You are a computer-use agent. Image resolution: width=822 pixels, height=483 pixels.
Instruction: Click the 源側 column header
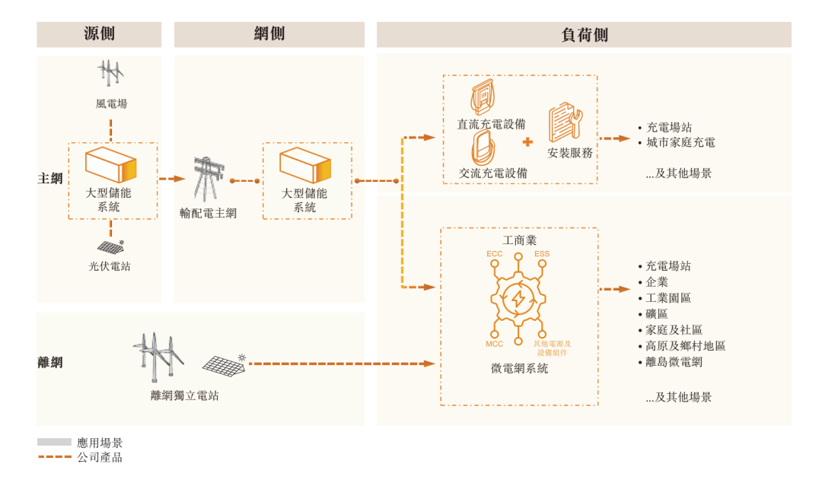coord(99,34)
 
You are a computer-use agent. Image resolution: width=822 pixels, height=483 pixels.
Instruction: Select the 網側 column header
coord(269,34)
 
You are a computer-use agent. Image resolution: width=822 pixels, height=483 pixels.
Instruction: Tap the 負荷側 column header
coord(584,34)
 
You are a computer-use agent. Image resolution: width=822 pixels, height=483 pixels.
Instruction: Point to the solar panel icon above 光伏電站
coord(111,247)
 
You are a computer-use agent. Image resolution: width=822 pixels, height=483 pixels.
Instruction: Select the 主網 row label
coord(50,179)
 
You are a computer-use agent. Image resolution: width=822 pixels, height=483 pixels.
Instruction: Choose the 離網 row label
coord(50,362)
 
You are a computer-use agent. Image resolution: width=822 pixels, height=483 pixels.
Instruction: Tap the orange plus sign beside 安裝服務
coord(527,142)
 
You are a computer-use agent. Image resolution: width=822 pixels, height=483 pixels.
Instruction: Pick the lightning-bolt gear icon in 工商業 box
coord(518,299)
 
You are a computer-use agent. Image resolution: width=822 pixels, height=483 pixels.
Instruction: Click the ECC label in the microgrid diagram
coord(495,253)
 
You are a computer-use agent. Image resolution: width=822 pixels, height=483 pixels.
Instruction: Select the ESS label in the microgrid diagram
coord(542,253)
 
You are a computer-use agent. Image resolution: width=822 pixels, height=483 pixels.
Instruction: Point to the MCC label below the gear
coord(495,345)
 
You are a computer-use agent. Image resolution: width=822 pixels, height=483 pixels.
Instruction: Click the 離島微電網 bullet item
coord(674,362)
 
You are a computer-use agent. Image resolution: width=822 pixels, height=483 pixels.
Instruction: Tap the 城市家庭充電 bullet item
coord(680,142)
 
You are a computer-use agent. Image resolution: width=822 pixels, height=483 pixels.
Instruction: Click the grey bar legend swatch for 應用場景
coord(54,442)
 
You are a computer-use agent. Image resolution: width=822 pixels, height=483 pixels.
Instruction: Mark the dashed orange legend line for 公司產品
coord(54,457)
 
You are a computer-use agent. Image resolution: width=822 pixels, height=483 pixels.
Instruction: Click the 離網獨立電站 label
coord(185,396)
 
